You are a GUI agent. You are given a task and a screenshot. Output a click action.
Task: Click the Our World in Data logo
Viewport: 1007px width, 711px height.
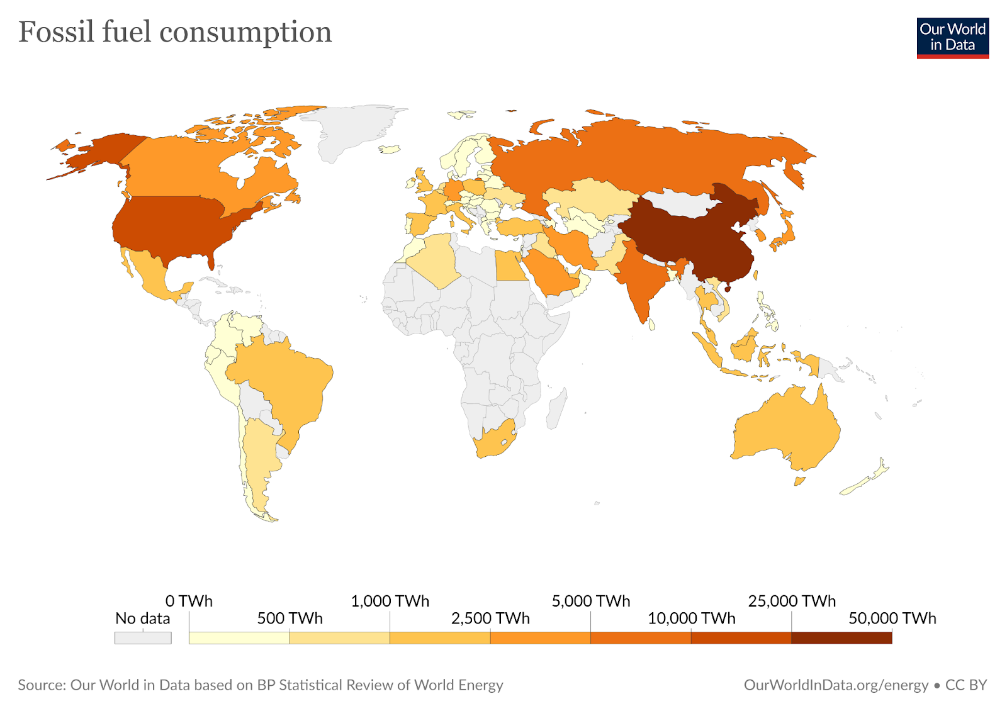click(952, 38)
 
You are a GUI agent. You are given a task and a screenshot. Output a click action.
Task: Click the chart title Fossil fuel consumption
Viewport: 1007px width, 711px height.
click(175, 32)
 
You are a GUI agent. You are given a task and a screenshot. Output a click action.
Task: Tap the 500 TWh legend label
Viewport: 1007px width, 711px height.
click(290, 619)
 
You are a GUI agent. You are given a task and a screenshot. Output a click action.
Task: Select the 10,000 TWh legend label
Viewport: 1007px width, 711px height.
click(691, 619)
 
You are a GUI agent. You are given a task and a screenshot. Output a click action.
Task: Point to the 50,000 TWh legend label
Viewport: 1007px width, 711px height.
click(892, 619)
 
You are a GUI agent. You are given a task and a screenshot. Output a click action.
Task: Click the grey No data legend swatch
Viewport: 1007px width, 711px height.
click(143, 638)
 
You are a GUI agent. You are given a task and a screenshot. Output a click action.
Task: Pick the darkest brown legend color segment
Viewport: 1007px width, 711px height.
click(841, 638)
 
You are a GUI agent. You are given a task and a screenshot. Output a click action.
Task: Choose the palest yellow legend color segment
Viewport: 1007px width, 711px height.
click(239, 638)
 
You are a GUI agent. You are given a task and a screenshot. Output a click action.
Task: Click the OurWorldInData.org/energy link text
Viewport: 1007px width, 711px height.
click(836, 685)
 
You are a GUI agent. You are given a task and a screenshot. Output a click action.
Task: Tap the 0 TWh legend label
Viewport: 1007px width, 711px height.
click(189, 601)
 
